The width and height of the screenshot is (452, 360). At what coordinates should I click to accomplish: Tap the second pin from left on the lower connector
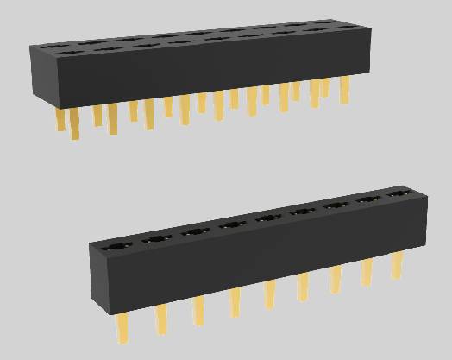161,319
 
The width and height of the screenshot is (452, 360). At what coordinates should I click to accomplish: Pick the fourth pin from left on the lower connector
235,301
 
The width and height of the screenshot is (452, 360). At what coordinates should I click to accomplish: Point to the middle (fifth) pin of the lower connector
270,293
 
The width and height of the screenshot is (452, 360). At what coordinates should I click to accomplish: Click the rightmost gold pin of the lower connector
397,264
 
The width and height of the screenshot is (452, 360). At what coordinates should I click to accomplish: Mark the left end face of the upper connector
41,73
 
